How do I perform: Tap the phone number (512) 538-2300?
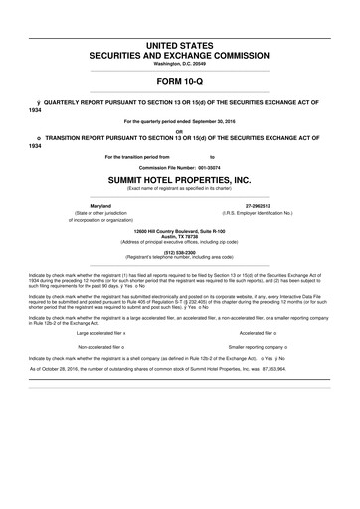coord(179,252)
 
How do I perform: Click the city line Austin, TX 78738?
coord(179,235)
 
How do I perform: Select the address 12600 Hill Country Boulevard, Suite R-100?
coord(179,229)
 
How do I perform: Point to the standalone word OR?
coord(179,129)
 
